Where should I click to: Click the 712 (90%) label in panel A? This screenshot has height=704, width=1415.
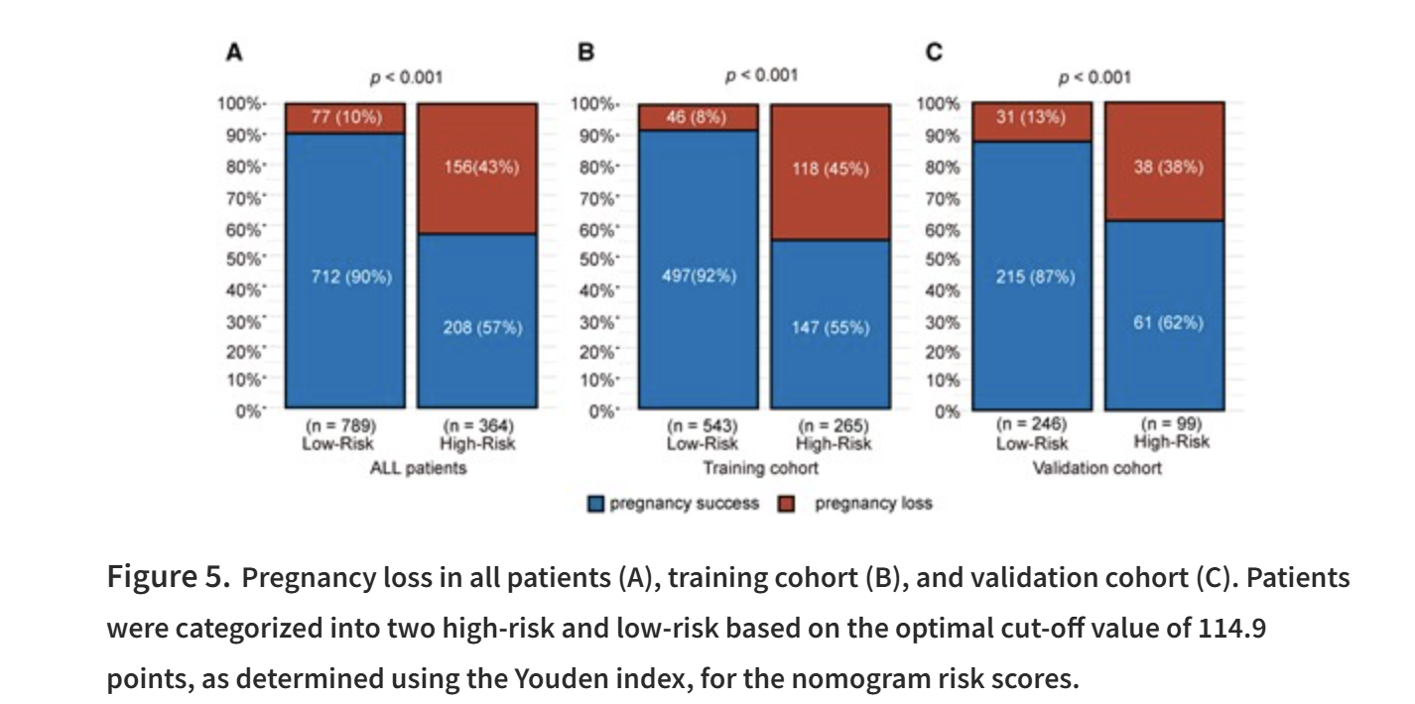pos(345,278)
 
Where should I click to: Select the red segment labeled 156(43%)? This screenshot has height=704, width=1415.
pos(477,169)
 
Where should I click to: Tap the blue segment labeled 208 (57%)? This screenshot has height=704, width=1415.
pos(477,327)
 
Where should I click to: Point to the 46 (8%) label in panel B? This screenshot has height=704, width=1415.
pos(698,118)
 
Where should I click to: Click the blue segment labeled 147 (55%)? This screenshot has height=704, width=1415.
pos(831,328)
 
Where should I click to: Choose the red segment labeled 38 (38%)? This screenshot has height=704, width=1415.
pos(1164,168)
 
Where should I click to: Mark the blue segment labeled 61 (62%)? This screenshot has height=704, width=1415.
pos(1164,323)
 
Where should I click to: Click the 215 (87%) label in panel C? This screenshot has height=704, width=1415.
pos(1033,278)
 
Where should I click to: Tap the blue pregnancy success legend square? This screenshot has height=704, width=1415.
pos(595,504)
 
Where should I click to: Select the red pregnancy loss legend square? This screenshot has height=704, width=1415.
pos(786,504)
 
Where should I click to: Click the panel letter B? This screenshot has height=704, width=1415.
pos(585,53)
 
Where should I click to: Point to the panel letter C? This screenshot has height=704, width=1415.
pos(934,53)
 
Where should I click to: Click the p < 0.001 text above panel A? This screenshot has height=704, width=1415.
pos(407,77)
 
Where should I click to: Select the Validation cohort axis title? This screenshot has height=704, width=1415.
pos(1096,468)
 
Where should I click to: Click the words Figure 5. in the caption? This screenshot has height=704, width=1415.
pos(169,578)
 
